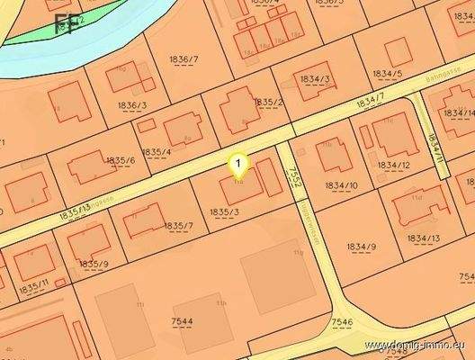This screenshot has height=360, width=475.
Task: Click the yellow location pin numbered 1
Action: [238, 165]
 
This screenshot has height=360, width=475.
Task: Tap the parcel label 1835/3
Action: [224, 211]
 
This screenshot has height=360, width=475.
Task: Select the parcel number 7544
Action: [182, 320]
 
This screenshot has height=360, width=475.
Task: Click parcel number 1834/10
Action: [341, 185]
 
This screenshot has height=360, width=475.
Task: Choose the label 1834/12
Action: [393, 165]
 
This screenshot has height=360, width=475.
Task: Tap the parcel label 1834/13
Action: [423, 238]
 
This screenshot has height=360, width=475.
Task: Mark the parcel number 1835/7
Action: [178, 225]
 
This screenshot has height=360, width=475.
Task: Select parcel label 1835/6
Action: [120, 160]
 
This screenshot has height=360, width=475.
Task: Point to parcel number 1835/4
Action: [157, 151]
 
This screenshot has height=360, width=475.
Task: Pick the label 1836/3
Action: [131, 105]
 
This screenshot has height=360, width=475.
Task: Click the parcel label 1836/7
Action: [184, 59]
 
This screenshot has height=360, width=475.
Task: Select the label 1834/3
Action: [315, 79]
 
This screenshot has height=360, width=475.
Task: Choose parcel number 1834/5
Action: [387, 73]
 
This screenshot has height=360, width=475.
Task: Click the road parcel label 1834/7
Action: [370, 103]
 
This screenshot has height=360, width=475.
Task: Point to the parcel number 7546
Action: [343, 321]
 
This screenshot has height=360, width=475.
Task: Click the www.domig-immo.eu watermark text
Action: [417, 345]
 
